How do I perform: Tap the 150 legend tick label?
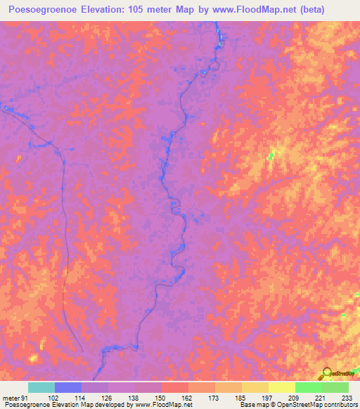(x=161, y=398)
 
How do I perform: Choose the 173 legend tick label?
(x=214, y=398)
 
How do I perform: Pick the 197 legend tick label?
(x=268, y=398)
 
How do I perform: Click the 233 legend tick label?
(x=348, y=398)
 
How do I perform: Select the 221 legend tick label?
(x=321, y=398)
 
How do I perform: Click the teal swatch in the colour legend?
(x=41, y=387)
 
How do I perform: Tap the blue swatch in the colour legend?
(x=68, y=387)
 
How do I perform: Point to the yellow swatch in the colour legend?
(x=282, y=387)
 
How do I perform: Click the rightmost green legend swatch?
(x=335, y=387)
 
